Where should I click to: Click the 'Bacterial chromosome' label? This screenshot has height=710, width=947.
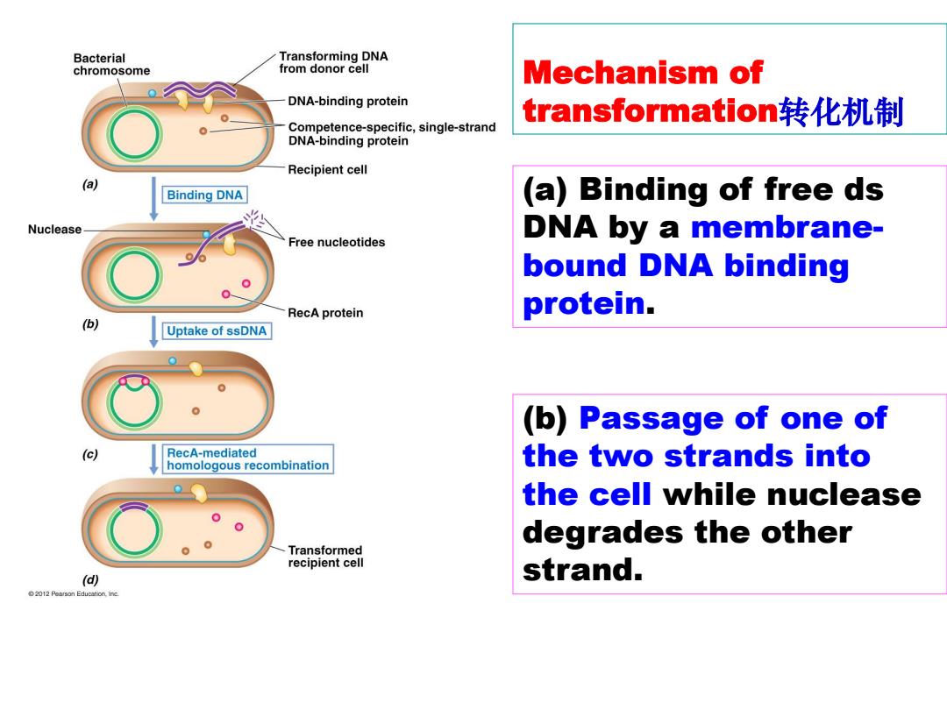[111, 65]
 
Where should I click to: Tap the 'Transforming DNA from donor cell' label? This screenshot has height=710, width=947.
[333, 62]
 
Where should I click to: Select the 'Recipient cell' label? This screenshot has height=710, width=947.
[327, 170]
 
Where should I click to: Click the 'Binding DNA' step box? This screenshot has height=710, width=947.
[204, 195]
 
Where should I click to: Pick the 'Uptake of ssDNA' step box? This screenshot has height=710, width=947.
[217, 330]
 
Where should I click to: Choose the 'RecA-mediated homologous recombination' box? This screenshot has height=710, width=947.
[247, 458]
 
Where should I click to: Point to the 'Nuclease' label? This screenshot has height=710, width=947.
[54, 230]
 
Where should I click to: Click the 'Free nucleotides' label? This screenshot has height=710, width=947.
[337, 242]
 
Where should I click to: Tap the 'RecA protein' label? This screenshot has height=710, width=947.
[325, 313]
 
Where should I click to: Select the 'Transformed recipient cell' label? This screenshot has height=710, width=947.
[325, 556]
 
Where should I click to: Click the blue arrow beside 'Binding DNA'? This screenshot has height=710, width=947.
[153, 199]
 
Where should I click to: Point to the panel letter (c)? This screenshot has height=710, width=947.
[90, 454]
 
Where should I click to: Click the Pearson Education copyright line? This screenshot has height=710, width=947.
[74, 594]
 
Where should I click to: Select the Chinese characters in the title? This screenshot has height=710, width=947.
[841, 111]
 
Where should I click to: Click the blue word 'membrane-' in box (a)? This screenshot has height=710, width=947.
[787, 228]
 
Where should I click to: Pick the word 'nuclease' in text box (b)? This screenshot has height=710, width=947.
[792, 494]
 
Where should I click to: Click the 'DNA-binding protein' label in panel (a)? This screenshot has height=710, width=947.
[348, 102]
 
